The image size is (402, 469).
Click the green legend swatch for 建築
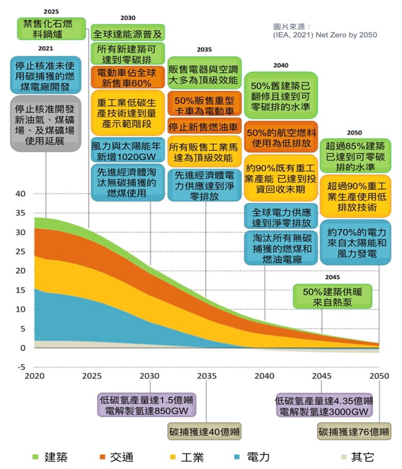[x=35, y=457]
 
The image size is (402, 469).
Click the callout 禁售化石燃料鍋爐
[x=50, y=28]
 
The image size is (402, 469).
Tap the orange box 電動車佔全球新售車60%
[x=127, y=77]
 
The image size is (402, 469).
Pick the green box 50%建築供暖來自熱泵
[x=332, y=296]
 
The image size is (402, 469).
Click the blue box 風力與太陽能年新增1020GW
[x=127, y=150]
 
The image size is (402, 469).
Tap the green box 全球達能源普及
[x=127, y=34]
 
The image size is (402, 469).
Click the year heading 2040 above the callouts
[x=281, y=65]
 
